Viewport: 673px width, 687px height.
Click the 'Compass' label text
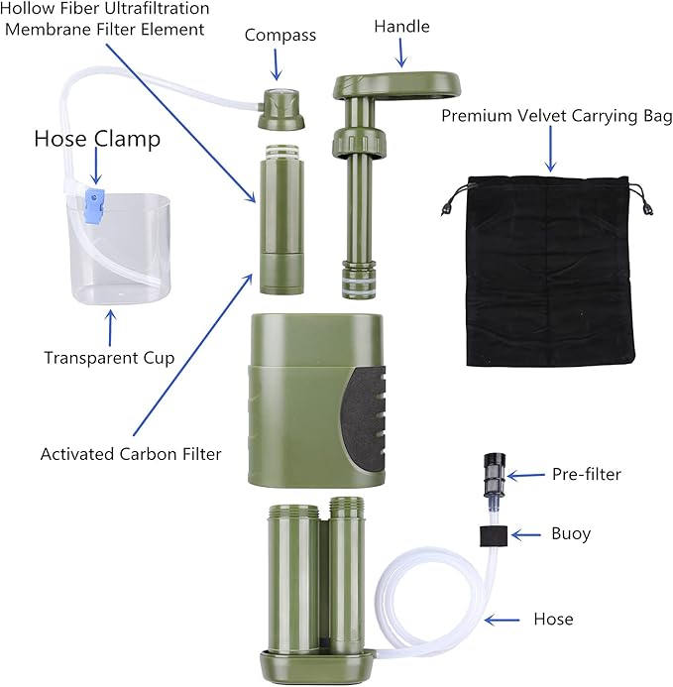pyautogui.click(x=280, y=36)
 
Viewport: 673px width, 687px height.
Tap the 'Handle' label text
pyautogui.click(x=401, y=27)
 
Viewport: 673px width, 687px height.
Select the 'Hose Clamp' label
pyautogui.click(x=97, y=138)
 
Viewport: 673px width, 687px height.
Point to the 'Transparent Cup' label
pyautogui.click(x=109, y=357)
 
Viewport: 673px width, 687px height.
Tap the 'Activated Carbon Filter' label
pyautogui.click(x=131, y=454)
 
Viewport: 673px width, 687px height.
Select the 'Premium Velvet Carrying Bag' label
pyautogui.click(x=557, y=116)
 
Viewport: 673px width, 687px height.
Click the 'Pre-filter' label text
pyautogui.click(x=587, y=474)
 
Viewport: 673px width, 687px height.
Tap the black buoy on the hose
pyautogui.click(x=494, y=534)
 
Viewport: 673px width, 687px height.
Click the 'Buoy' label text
pyautogui.click(x=571, y=533)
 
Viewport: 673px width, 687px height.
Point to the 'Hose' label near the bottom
pyautogui.click(x=552, y=620)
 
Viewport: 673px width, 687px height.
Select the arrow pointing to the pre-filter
pyautogui.click(x=526, y=475)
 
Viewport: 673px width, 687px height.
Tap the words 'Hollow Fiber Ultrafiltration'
pyautogui.click(x=105, y=9)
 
